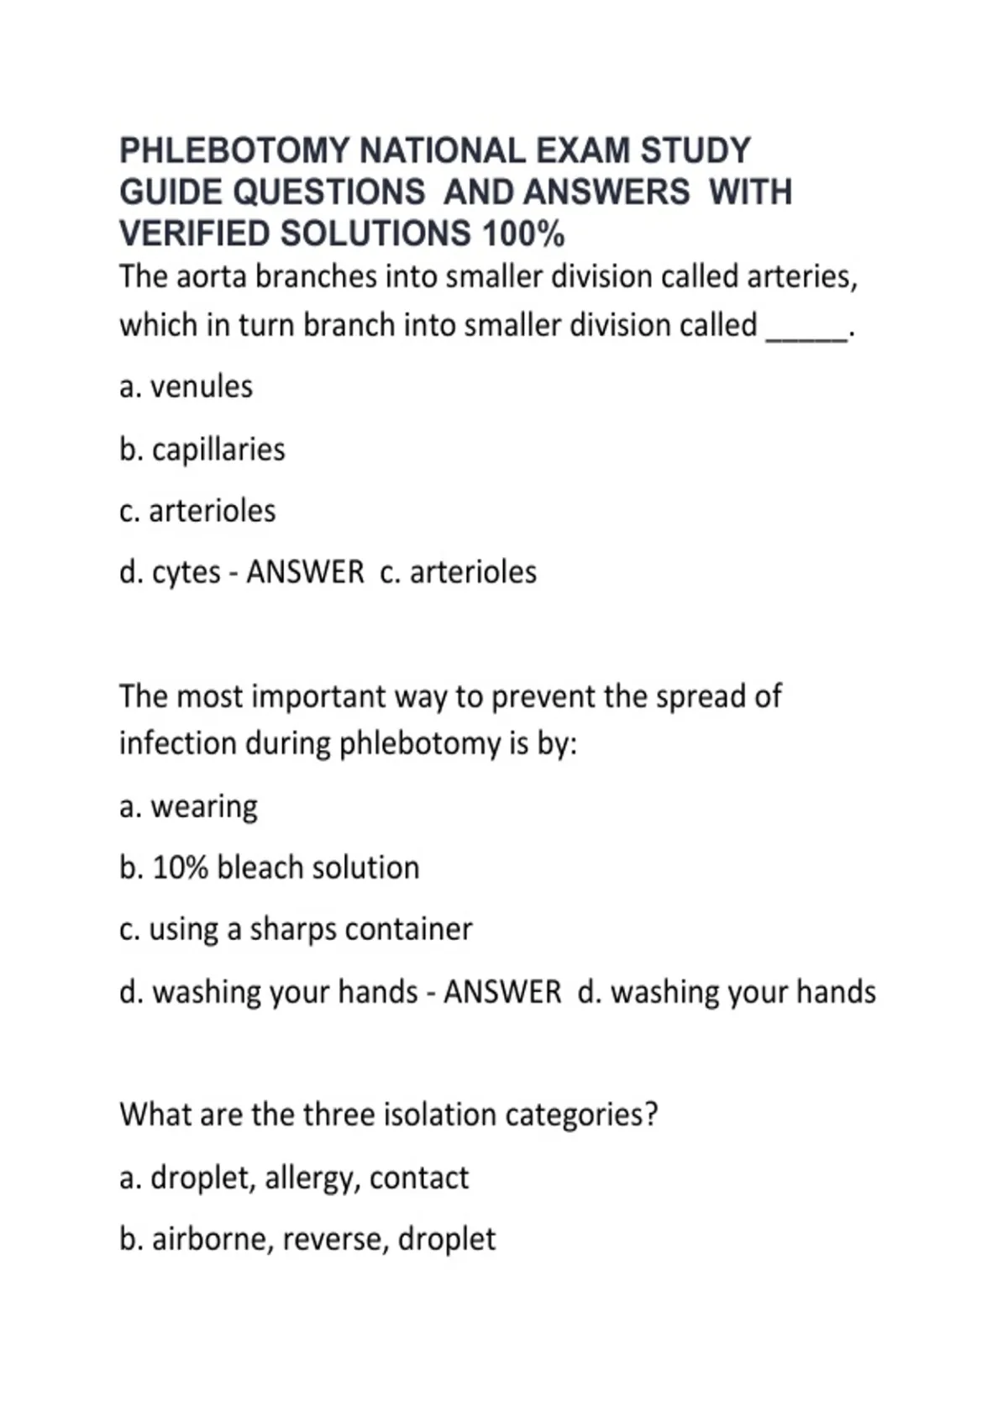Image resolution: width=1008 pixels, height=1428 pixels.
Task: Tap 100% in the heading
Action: click(522, 234)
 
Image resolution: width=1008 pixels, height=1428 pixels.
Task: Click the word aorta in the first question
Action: click(210, 276)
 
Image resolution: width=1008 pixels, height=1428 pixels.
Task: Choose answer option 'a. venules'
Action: click(186, 386)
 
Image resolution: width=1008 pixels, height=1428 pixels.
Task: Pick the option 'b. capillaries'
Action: click(202, 449)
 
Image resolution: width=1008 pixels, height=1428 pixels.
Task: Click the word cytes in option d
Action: click(186, 572)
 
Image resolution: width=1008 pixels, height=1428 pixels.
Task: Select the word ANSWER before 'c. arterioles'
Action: click(305, 572)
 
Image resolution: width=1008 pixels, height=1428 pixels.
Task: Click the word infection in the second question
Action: click(176, 743)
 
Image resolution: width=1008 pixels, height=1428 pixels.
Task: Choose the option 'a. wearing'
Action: click(188, 806)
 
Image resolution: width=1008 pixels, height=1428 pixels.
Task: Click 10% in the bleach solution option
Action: click(180, 868)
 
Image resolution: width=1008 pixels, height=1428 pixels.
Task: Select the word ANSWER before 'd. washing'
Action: click(502, 992)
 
